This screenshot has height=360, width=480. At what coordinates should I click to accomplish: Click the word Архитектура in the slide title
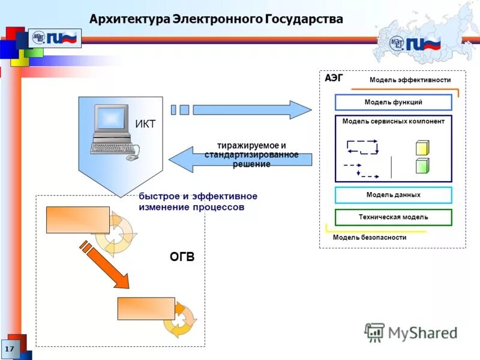pos(129,19)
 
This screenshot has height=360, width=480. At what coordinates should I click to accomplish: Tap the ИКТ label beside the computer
pos(145,124)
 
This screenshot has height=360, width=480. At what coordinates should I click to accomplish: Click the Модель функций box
pos(393,103)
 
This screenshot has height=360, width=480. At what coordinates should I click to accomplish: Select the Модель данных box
pos(393,195)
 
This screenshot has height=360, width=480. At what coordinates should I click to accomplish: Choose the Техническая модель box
pos(393,217)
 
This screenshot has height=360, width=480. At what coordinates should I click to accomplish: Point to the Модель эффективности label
pos(410,80)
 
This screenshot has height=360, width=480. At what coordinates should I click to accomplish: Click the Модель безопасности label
pos(369,238)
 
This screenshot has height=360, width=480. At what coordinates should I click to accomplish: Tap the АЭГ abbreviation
pos(334,78)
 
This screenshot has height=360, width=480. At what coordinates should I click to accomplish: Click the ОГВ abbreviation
pos(182,257)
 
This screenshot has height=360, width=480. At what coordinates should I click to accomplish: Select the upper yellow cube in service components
pos(422,148)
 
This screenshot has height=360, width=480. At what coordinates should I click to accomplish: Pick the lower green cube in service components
pos(422,166)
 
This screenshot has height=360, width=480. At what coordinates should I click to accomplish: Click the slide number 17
pos(10,349)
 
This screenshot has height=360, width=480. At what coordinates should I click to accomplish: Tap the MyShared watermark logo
pos(411,332)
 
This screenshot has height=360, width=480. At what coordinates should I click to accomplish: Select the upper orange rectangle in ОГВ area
pos(78,220)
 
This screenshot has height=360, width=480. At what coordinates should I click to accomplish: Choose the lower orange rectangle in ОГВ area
pos(146,308)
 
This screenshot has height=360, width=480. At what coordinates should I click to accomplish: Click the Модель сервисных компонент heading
pos(393,122)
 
